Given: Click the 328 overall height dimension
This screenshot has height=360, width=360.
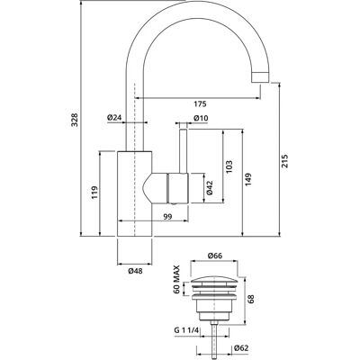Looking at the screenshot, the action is (75, 120).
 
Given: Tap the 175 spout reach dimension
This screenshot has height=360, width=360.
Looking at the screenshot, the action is (200, 104).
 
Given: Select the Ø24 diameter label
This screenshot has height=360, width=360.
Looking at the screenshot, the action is (114, 118).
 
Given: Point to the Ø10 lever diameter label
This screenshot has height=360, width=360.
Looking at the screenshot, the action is (201, 118).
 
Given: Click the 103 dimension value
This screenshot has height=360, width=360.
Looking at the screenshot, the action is (229, 166).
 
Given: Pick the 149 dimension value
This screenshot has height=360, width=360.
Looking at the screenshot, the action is (248, 179).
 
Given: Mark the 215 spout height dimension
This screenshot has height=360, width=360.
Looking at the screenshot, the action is (285, 161).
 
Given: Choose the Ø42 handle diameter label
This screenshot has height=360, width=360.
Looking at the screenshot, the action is (210, 187).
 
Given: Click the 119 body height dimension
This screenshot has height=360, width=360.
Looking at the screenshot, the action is (94, 193).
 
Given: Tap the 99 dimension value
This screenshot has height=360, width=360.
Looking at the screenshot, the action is (168, 217).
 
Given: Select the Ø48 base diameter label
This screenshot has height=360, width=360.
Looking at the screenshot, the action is (135, 271).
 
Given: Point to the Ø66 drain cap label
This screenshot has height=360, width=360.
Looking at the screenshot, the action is (214, 256).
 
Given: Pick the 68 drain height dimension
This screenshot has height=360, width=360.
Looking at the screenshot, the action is (251, 299).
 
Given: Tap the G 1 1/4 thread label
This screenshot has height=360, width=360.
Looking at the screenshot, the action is (186, 330).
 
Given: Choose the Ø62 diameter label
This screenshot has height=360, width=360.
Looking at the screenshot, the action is (241, 348).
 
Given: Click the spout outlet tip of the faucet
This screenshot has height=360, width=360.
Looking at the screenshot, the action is (259, 76).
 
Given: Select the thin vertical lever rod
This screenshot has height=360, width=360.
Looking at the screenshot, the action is (183, 151).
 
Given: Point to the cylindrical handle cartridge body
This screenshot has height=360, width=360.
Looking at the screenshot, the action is (177, 188).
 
